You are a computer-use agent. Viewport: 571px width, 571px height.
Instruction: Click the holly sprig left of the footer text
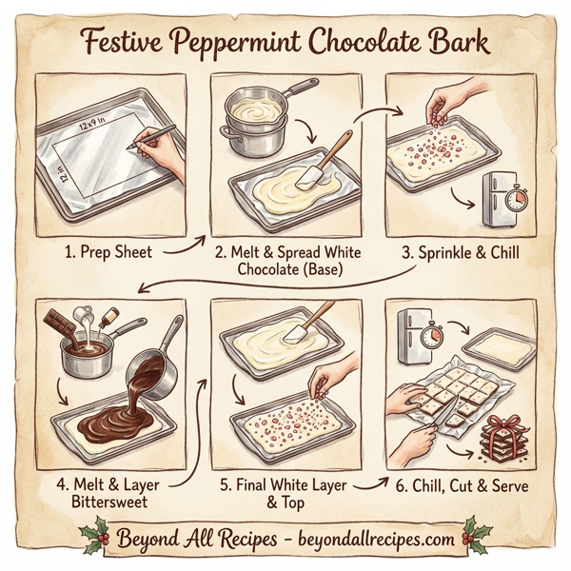[x=94, y=537]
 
